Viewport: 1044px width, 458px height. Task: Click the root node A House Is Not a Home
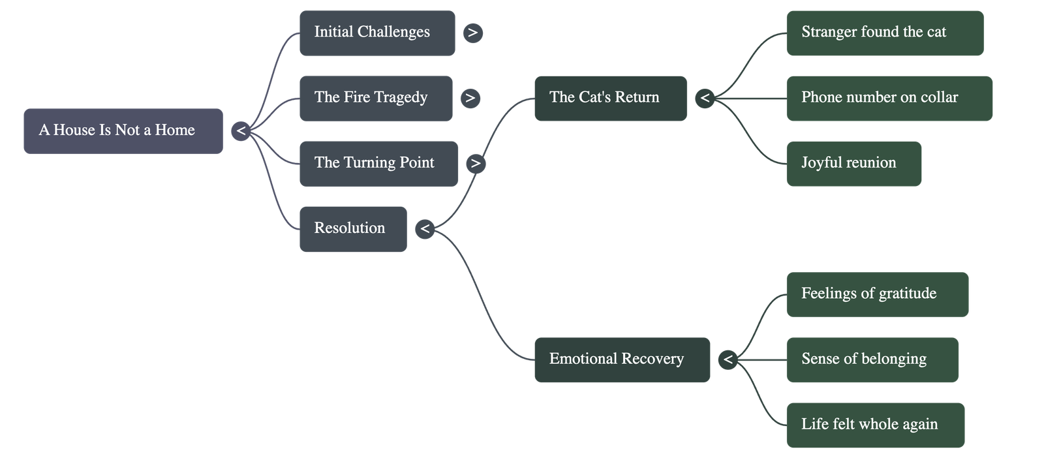coord(123,130)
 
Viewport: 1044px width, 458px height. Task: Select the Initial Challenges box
coord(376,33)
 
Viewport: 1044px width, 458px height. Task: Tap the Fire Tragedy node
coord(375,98)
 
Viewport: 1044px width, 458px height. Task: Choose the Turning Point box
coord(378,163)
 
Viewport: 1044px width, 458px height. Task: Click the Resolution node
coord(352,228)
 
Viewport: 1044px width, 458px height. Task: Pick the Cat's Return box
coord(610,98)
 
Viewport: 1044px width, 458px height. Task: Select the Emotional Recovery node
coord(622,359)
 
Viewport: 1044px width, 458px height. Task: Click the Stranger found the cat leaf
coord(884,33)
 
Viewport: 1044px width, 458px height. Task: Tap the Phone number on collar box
coord(889,98)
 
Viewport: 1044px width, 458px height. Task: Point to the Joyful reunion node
coord(853,163)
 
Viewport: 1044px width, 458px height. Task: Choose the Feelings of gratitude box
coord(877,294)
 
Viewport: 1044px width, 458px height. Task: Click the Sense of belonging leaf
coord(872,359)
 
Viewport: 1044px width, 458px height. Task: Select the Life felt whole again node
coord(875,424)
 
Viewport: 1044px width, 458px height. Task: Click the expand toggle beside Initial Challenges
coord(473,33)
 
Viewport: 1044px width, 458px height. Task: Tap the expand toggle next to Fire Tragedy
coord(470,98)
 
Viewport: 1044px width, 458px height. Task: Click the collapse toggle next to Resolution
coord(425,228)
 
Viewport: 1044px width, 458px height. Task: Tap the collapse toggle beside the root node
coord(241,130)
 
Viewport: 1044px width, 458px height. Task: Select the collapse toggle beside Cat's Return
coord(705,98)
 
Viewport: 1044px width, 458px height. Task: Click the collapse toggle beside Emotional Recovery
coord(728,359)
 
